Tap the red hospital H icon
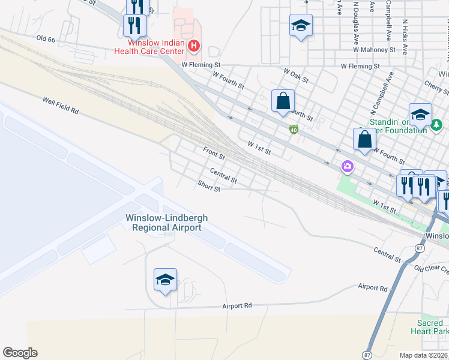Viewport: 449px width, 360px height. pyautogui.click(x=194, y=45)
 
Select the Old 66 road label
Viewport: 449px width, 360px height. pyautogui.click(x=46, y=38)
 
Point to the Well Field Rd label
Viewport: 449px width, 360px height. pyautogui.click(x=61, y=106)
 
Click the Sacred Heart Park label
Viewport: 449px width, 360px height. pyautogui.click(x=430, y=327)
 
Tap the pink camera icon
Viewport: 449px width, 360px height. pyautogui.click(x=346, y=166)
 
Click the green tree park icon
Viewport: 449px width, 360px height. pyautogui.click(x=437, y=125)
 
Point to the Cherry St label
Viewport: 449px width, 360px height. pyautogui.click(x=436, y=88)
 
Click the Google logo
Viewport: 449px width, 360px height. pyautogui.click(x=20, y=353)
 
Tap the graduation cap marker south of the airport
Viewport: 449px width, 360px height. pyautogui.click(x=165, y=280)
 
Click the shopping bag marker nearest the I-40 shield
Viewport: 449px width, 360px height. pyautogui.click(x=283, y=101)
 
